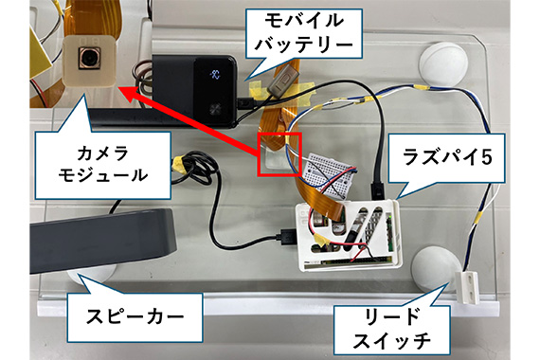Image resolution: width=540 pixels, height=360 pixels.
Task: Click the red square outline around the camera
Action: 280,154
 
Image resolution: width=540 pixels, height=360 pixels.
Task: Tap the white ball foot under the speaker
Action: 91,275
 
